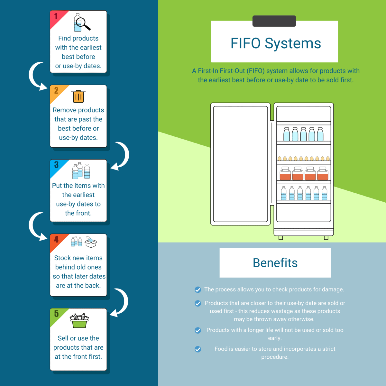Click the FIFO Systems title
coord(276,43)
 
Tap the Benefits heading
coord(275,263)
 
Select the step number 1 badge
coord(56,16)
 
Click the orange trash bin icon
coord(78,96)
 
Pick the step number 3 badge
coord(56,165)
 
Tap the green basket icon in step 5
coord(79,321)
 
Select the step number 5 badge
coord(56,314)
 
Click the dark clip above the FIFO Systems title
coord(274,21)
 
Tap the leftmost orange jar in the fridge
coord(285,173)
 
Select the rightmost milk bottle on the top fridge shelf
coord(320,134)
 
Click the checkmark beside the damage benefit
coord(198,290)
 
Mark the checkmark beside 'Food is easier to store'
coord(198,349)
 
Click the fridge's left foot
coord(280,238)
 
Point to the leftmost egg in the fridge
coord(280,159)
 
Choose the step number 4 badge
coord(56,239)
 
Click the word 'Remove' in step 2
coord(64,110)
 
